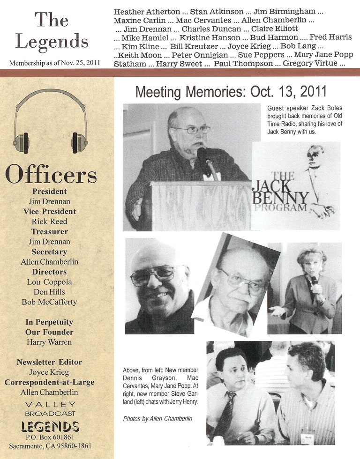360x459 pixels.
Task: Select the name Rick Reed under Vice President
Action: pos(50,222)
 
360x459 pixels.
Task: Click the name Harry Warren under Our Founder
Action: pos(49,342)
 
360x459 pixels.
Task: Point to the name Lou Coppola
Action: pos(49,282)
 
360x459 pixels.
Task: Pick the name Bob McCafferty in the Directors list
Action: pos(49,302)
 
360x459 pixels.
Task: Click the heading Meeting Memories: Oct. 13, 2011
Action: pos(231,91)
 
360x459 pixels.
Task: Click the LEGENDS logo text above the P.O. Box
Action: pos(50,426)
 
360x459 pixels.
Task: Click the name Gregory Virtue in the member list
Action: pos(307,63)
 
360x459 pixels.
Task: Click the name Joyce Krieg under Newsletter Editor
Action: pos(49,372)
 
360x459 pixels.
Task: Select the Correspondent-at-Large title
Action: pos(49,382)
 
